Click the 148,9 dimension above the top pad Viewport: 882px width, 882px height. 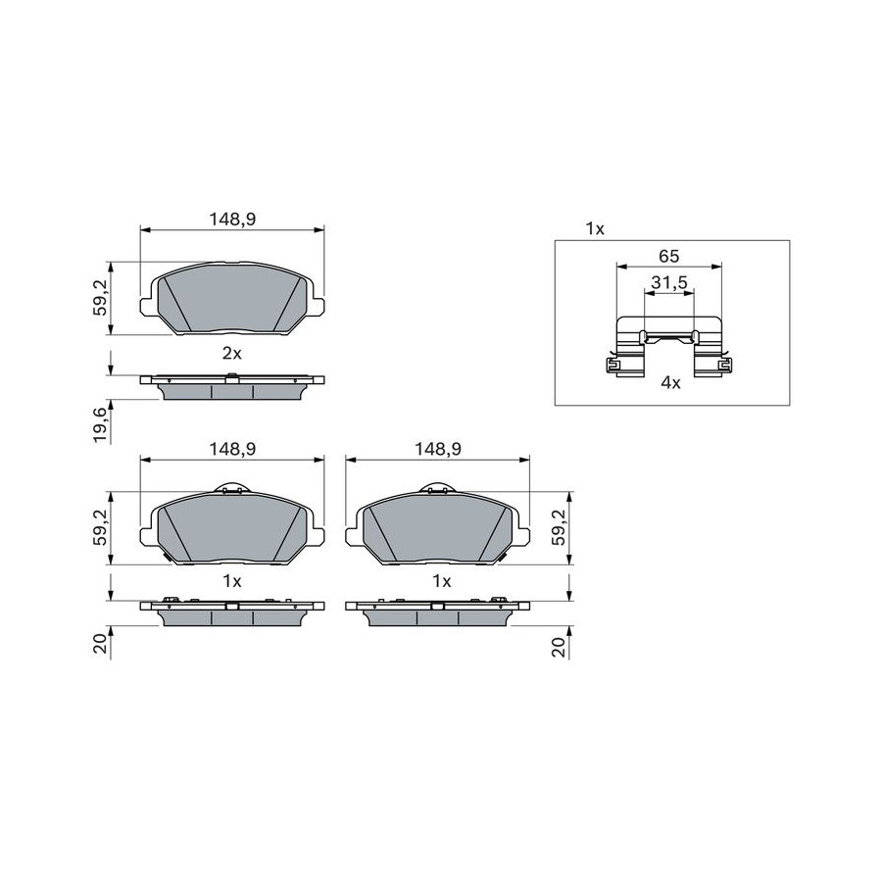232,219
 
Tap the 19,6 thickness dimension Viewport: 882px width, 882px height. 100,425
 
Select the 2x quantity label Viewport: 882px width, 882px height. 231,353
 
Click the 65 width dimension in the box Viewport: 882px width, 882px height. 668,257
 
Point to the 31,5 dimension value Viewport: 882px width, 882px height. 669,283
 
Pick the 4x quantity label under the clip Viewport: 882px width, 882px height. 670,383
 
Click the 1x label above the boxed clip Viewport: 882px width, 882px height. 595,229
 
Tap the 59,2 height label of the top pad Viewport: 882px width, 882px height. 100,298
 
